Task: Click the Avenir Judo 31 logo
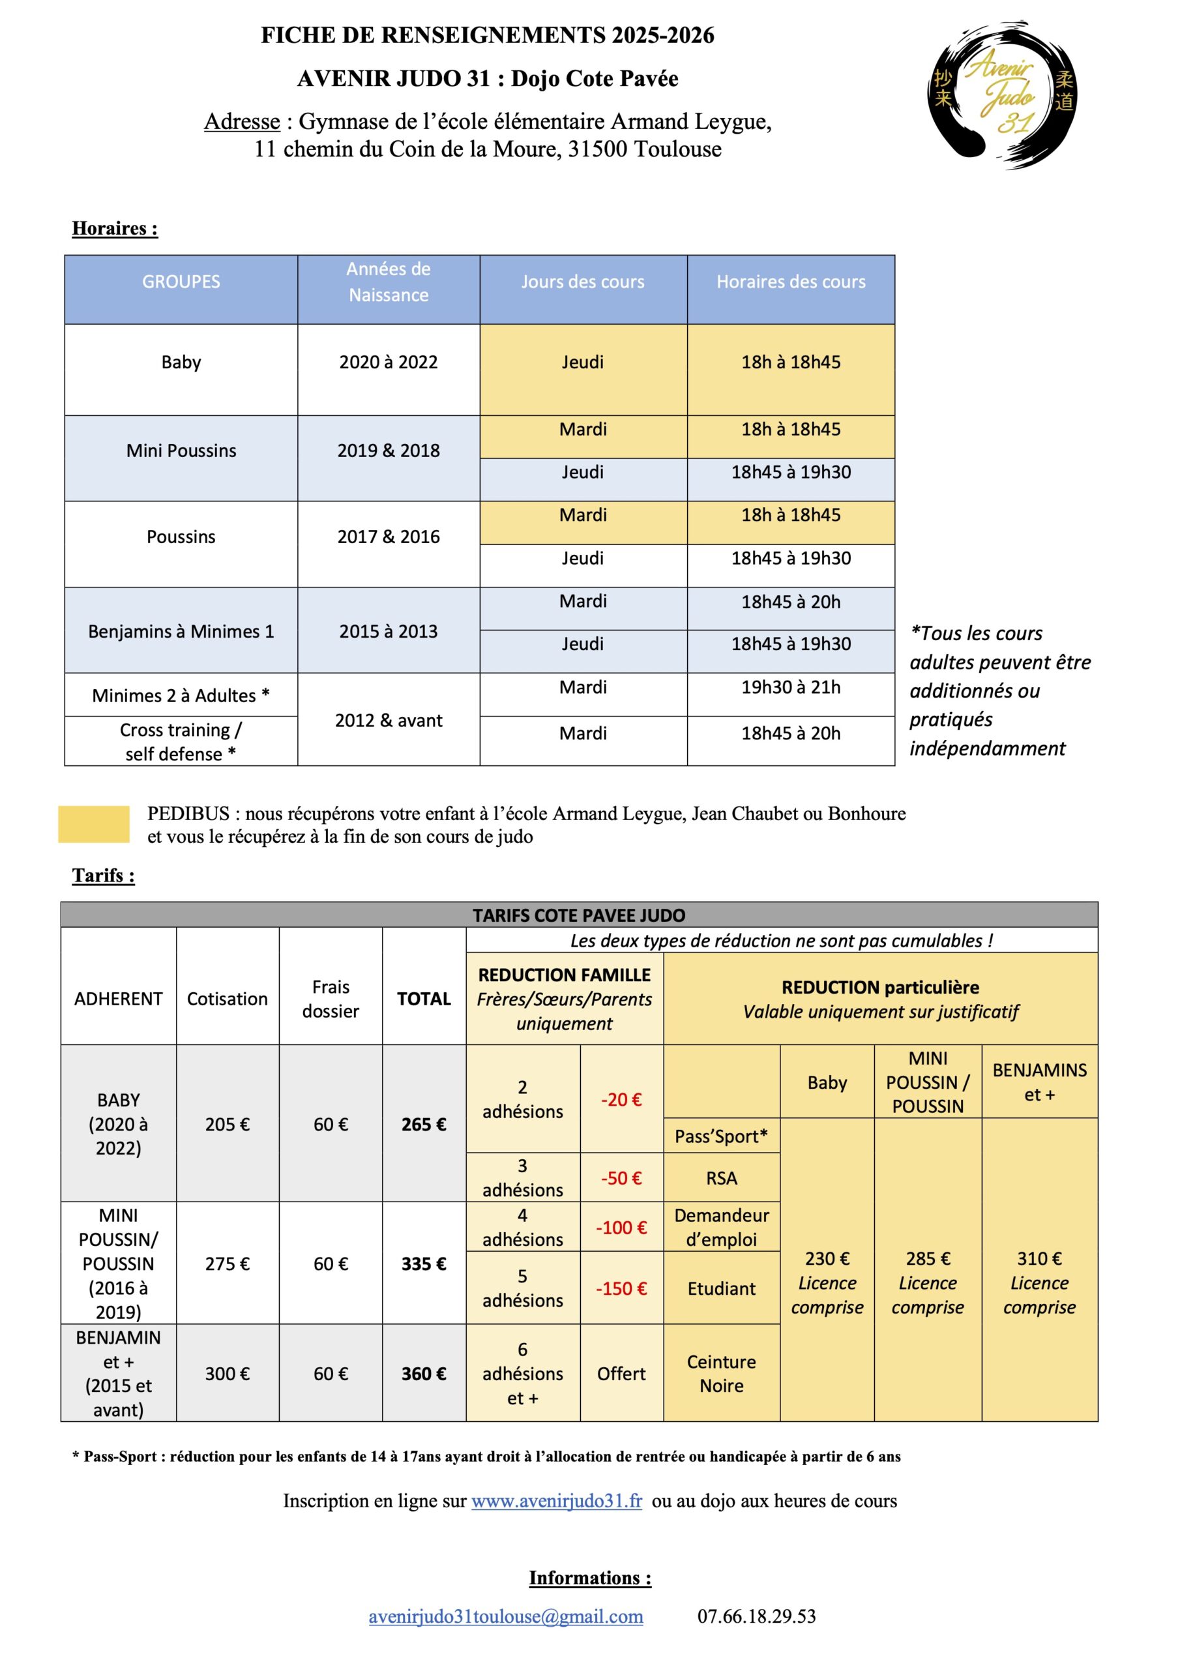pos(1003,95)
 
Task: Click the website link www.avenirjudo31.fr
pos(556,1500)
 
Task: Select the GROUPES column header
pos(181,282)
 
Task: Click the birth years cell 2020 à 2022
pos(389,362)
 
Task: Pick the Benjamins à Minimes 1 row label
pos(181,631)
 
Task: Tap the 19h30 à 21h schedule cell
pos(790,687)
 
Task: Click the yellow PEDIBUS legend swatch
pos(94,824)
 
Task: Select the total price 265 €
pos(424,1124)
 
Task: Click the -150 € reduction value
pos(621,1288)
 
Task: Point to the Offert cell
pos(621,1373)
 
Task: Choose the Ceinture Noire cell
pos(721,1373)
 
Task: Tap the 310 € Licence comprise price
pos(1039,1282)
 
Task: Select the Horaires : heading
pos(115,228)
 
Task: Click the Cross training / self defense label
pos(181,741)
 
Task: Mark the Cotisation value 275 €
pos(227,1263)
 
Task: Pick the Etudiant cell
pos(721,1288)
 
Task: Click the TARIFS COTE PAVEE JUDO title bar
pos(579,915)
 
